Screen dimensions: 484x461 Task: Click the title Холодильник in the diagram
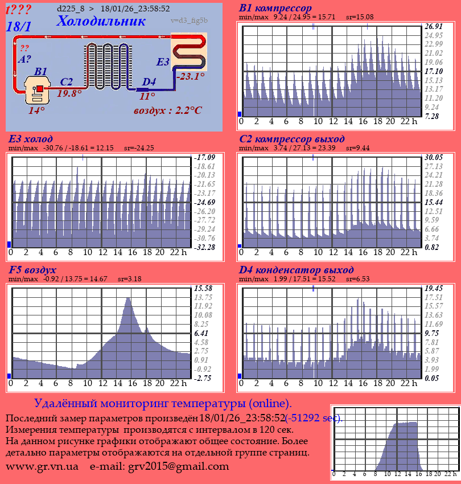coord(101,22)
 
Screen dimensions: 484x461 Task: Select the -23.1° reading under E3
coord(190,76)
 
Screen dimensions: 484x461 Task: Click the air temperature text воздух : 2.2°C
coord(167,110)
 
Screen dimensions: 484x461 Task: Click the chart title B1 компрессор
coord(275,9)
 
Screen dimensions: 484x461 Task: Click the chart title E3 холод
coord(31,139)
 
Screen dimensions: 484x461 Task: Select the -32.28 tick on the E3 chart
coord(204,247)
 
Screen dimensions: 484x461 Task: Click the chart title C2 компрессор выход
coord(291,139)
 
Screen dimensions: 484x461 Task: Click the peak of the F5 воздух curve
coord(128,298)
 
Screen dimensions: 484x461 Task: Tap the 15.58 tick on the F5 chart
coord(203,288)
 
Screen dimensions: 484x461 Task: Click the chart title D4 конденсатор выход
coord(297,270)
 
